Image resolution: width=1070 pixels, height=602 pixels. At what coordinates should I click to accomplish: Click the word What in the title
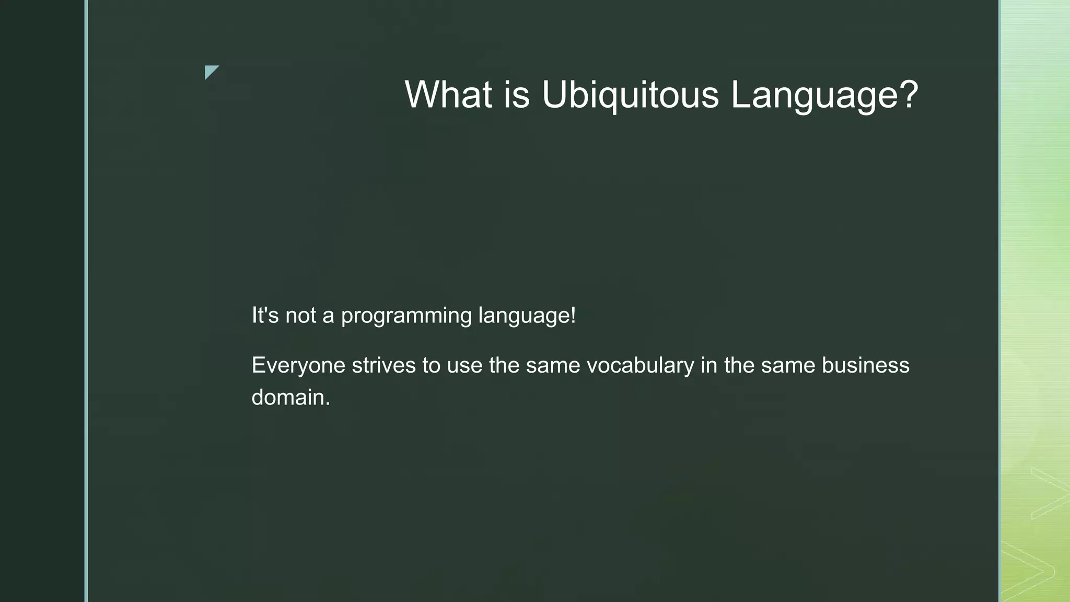tap(448, 95)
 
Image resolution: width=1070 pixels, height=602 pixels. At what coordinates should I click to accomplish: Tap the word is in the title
tap(517, 95)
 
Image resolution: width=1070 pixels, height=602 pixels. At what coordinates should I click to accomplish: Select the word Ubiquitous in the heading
tap(630, 95)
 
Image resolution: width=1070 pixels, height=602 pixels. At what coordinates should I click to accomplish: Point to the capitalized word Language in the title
tap(816, 95)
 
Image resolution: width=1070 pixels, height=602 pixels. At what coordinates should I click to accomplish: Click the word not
tap(300, 315)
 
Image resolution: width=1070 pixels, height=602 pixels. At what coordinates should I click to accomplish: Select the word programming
tap(406, 316)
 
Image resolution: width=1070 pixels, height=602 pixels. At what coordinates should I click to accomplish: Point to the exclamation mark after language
tap(573, 315)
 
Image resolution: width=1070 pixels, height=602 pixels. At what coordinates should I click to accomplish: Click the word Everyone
tap(298, 365)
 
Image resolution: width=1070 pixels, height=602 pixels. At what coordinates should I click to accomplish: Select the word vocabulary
tap(641, 365)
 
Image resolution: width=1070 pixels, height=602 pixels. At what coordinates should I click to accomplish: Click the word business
tap(865, 365)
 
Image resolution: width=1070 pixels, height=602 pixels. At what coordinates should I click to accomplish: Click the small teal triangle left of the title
tap(210, 71)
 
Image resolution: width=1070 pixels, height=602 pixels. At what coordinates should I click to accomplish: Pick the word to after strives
tap(431, 365)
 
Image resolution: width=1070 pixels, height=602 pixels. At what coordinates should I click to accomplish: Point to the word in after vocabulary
tap(708, 365)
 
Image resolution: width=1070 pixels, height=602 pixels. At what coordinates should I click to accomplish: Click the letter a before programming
tap(328, 316)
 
